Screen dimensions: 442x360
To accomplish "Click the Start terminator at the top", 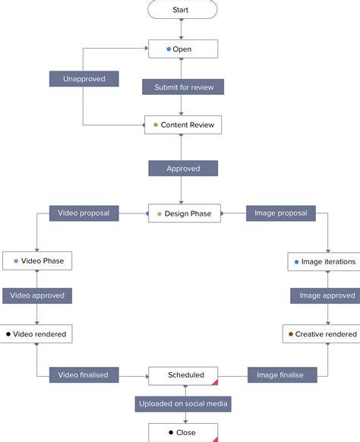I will click(x=182, y=10).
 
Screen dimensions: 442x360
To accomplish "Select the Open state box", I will click(x=182, y=49).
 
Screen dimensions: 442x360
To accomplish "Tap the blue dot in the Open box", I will click(x=169, y=49).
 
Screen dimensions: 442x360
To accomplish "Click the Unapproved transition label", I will click(x=84, y=79).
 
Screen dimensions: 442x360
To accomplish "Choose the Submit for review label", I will click(x=183, y=87).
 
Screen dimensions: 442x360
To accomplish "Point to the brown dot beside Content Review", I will click(x=156, y=125).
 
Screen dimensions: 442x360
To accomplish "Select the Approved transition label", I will click(x=182, y=169).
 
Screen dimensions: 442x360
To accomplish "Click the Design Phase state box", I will click(x=183, y=213).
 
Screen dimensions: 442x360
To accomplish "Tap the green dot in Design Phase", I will click(x=159, y=214).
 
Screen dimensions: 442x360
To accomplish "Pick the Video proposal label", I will click(x=84, y=213).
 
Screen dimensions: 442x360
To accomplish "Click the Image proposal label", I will click(x=280, y=213).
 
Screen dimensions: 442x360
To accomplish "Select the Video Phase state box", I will click(x=37, y=261).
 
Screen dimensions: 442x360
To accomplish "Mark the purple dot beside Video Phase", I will click(x=16, y=261).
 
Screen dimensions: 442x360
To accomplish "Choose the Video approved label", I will click(x=37, y=295).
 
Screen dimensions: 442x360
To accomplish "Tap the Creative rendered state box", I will click(x=321, y=333).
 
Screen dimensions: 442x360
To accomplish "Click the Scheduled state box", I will click(x=183, y=375).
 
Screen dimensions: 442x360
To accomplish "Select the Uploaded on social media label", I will click(x=183, y=404).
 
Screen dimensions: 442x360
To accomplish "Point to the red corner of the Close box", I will click(x=215, y=438).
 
